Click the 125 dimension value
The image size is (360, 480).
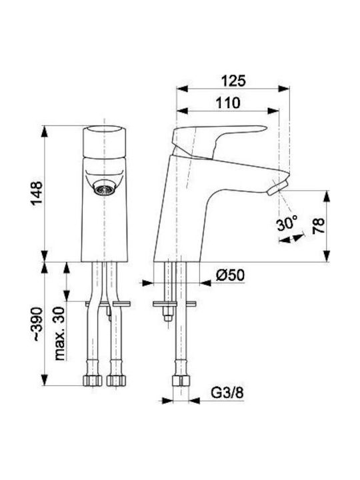tap(233, 81)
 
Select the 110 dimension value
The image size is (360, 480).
tap(228, 103)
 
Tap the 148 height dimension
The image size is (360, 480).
tap(37, 193)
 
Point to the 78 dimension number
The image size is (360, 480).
tap(318, 226)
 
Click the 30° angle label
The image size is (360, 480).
tap(287, 223)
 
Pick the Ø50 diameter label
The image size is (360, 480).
tap(230, 275)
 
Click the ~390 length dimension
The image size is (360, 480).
tap(37, 324)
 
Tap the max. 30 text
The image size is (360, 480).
tap(60, 333)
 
